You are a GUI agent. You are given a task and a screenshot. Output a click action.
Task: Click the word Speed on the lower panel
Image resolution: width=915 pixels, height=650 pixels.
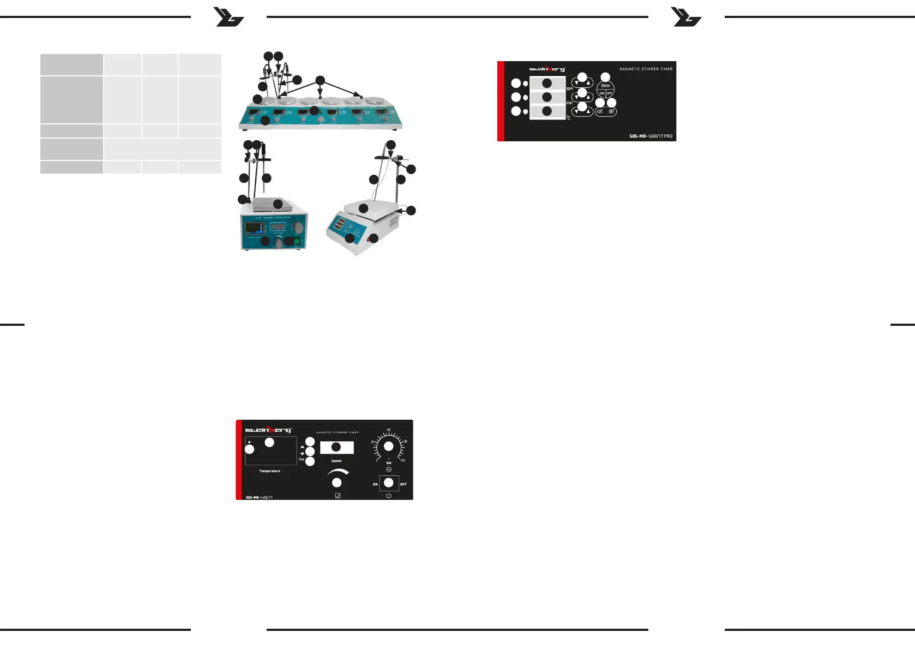tap(336, 461)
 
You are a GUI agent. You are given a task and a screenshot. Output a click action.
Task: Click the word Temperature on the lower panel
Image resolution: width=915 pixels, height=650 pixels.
tap(269, 471)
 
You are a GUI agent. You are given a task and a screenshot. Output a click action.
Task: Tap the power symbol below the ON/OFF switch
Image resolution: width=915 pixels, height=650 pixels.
tap(388, 496)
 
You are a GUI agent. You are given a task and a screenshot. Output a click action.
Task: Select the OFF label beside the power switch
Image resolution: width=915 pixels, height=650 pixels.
tap(404, 484)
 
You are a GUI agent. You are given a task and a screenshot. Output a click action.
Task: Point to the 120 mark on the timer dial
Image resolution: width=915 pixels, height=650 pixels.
tap(402, 461)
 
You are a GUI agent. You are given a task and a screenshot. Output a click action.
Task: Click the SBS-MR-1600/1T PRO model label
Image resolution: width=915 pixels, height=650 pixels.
tap(651, 136)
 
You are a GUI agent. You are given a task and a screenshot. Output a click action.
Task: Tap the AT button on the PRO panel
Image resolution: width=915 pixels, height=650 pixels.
tap(600, 111)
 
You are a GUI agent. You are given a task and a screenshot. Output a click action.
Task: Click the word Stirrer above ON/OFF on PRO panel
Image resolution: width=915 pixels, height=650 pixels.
tap(605, 86)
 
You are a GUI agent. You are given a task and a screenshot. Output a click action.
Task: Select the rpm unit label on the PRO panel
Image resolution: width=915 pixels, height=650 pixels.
tap(569, 88)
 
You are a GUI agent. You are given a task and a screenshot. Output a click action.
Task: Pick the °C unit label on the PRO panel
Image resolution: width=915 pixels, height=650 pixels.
tap(568, 118)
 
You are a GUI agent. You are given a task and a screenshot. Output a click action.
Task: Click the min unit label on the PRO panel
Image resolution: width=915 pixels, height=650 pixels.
tap(569, 103)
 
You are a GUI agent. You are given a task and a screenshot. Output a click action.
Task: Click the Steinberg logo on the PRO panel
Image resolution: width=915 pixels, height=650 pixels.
tap(547, 69)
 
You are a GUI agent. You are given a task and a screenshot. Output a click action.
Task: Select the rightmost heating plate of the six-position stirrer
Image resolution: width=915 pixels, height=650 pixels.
tap(377, 102)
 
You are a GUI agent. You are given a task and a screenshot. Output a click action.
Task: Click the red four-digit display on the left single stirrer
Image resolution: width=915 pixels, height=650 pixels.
tap(278, 226)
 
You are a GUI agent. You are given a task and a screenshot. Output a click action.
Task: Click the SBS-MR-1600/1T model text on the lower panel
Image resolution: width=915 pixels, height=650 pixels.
tap(259, 497)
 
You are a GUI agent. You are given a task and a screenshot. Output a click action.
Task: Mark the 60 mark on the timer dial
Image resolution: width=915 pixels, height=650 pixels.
tap(389, 430)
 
